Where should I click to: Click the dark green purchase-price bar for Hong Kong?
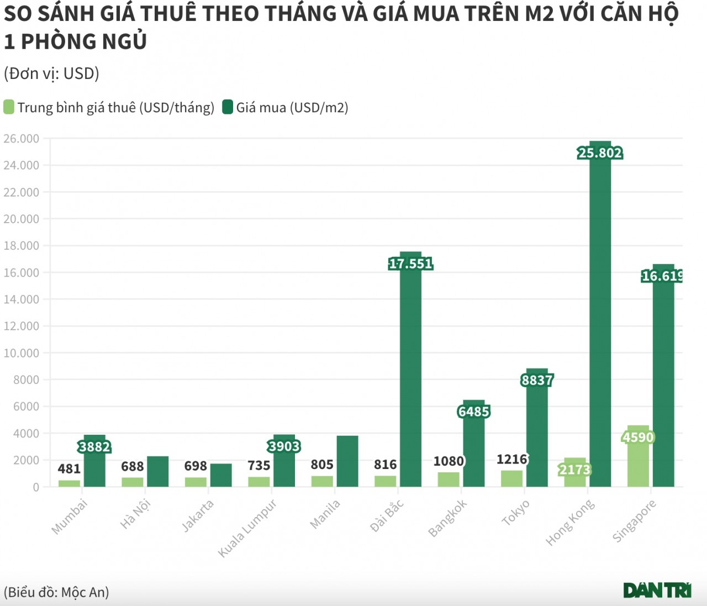(600, 320)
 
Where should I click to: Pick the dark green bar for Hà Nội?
(158, 472)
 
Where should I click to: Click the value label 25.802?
(600, 153)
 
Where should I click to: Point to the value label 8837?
(537, 380)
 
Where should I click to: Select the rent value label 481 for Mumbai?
(69, 469)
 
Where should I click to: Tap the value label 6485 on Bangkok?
(474, 412)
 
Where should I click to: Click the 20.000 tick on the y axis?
(22, 219)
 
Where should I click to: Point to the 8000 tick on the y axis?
(27, 380)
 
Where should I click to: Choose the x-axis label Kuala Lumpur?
(247, 528)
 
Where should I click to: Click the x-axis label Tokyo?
(515, 513)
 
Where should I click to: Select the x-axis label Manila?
(325, 514)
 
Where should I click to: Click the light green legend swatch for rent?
(9, 107)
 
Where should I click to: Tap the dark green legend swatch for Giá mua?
(228, 107)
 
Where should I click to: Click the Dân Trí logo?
(657, 590)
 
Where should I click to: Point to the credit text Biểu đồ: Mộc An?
(56, 592)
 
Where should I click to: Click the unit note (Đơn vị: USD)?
(51, 73)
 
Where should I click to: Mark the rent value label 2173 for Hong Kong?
(575, 470)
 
